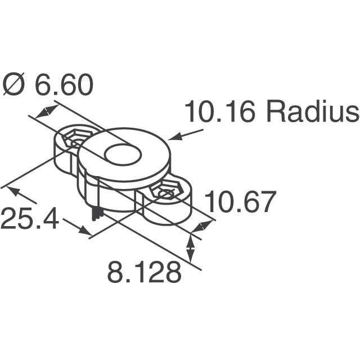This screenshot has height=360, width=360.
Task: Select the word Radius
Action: pos(312,112)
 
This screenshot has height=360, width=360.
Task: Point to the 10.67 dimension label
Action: pos(241,202)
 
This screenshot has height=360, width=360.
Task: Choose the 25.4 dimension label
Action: pos(29,219)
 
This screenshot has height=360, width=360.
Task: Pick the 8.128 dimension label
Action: pos(145,273)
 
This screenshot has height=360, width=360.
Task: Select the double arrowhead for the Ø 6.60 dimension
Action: pos(46,111)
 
